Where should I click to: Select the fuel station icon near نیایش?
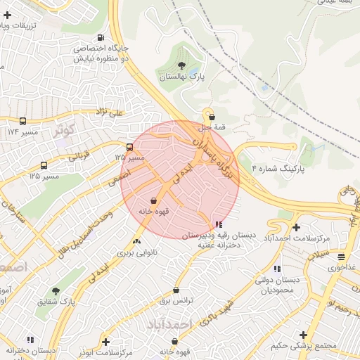tap(101, 38)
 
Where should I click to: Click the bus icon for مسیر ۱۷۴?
tap(23, 121)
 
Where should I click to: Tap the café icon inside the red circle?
tap(153, 201)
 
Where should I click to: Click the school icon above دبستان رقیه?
tap(217, 224)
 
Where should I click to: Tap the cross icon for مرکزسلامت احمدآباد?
tap(296, 227)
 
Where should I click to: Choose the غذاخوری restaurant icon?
tap(341, 257)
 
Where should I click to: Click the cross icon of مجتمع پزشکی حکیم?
tap(303, 335)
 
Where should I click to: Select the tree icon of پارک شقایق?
tap(56, 290)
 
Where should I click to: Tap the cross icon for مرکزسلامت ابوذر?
tap(105, 342)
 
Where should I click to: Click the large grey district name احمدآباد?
tap(169, 323)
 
